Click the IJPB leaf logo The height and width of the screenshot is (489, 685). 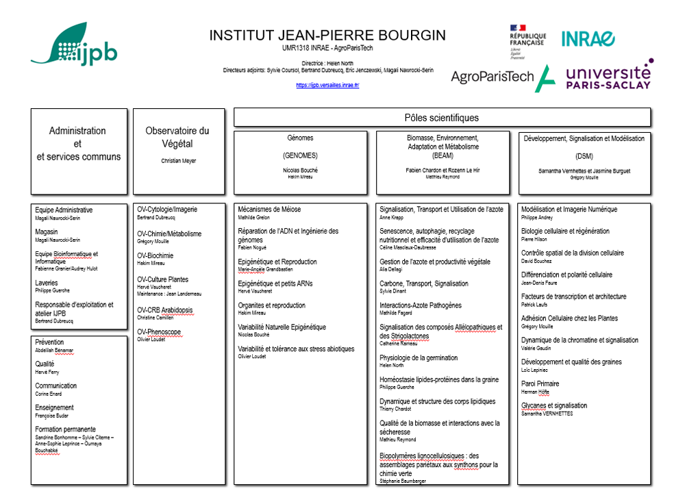pos(73,45)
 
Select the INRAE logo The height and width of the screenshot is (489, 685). pos(588,39)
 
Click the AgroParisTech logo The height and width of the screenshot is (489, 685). pos(503,77)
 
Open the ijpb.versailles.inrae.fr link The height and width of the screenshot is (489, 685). pos(327,85)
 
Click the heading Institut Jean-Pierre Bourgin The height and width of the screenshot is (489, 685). pos(327,35)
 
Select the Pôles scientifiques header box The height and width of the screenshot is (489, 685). pos(442,118)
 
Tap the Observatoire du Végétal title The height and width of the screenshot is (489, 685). pos(177,137)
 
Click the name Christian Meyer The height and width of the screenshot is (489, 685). pos(177,160)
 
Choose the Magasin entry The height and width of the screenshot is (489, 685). pos(47,232)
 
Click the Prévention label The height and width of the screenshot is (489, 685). pos(49,342)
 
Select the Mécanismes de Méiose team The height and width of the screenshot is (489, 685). pos(269,210)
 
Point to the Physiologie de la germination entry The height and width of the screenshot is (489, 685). pos(419,358)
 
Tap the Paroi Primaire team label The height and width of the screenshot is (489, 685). pos(540,384)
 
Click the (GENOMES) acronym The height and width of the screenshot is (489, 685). pos(300,155)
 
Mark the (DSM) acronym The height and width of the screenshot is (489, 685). pos(584,155)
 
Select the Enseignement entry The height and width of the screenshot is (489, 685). pos(55,407)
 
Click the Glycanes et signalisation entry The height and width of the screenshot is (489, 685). pos(554,406)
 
